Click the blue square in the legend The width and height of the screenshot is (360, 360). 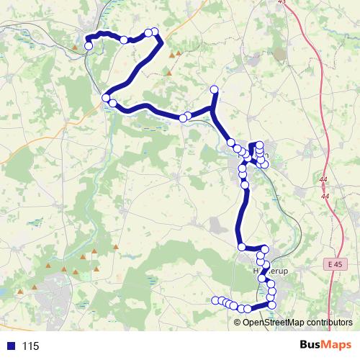pyautogui.click(x=9, y=346)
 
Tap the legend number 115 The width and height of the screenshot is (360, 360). pyautogui.click(x=30, y=346)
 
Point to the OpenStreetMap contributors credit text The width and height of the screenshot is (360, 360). pyautogui.click(x=297, y=322)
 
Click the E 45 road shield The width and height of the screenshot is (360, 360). pyautogui.click(x=333, y=265)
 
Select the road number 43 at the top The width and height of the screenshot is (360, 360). pyautogui.click(x=280, y=3)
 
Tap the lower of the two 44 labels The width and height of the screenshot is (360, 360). pyautogui.click(x=325, y=196)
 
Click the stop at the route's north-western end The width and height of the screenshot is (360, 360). pyautogui.click(x=89, y=46)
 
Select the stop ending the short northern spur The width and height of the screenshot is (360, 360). pyautogui.click(x=213, y=89)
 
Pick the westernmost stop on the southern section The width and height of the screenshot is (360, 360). pyautogui.click(x=215, y=300)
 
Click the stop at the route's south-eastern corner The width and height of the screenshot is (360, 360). pyautogui.click(x=271, y=305)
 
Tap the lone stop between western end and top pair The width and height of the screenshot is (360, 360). pyautogui.click(x=124, y=40)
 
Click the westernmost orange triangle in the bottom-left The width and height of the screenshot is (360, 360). pyautogui.click(x=21, y=291)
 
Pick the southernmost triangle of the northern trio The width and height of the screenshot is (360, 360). pyautogui.click(x=169, y=73)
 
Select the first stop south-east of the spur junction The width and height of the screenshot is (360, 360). pyautogui.click(x=231, y=143)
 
